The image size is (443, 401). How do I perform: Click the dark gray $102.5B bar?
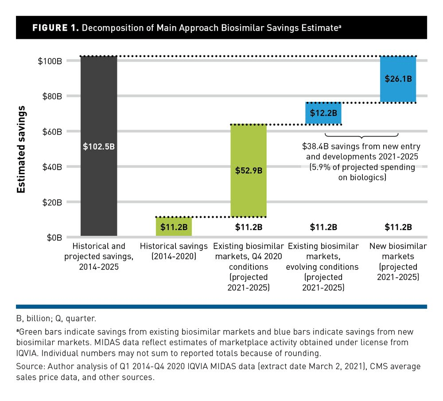(x=99, y=146)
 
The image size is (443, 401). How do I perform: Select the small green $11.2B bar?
(x=174, y=226)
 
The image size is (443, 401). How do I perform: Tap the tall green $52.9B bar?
(x=248, y=171)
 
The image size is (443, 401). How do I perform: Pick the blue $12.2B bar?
(x=323, y=113)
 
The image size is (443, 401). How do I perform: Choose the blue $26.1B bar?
(x=398, y=79)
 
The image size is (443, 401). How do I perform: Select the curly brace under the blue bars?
(x=361, y=136)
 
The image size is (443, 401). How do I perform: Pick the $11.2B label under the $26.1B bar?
(x=398, y=227)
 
